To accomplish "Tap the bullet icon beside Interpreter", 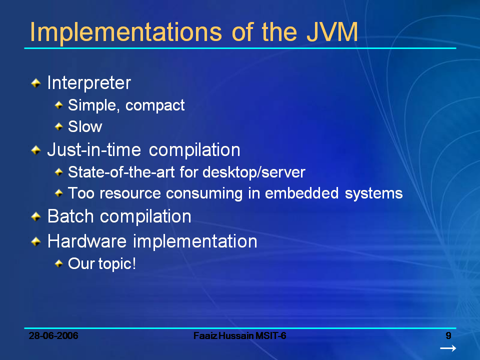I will pyautogui.click(x=35, y=83).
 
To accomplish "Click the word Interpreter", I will pyautogui.click(x=89, y=83).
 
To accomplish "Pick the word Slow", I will pyautogui.click(x=85, y=127).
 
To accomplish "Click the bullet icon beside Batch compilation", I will pyautogui.click(x=35, y=216).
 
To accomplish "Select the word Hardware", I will pyautogui.click(x=87, y=241).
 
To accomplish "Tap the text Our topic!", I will pyautogui.click(x=102, y=263).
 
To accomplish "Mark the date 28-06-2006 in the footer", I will pyautogui.click(x=53, y=335).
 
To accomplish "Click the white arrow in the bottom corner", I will pyautogui.click(x=447, y=348).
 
